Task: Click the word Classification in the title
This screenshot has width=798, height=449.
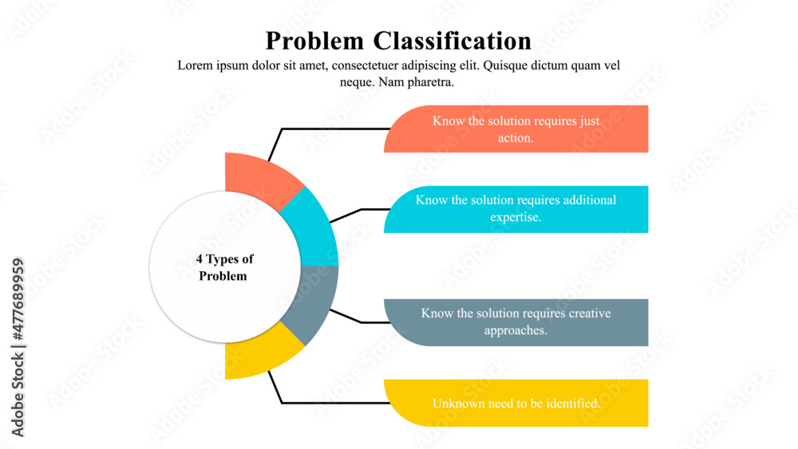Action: [452, 41]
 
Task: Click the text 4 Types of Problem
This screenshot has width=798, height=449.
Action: [224, 267]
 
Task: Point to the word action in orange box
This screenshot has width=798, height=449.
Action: [516, 138]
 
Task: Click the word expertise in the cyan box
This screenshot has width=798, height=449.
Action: [516, 217]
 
